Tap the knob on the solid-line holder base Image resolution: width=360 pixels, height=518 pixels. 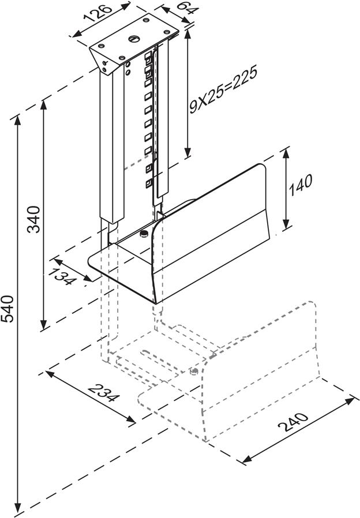tap(143, 234)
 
